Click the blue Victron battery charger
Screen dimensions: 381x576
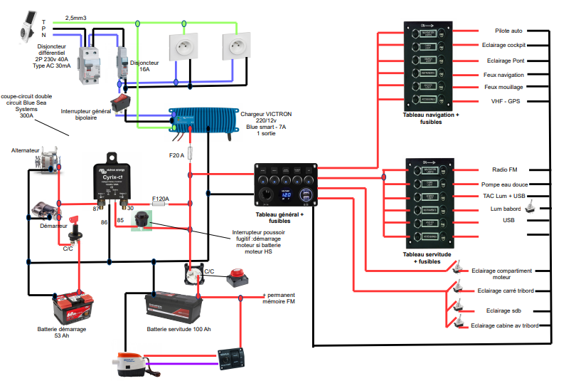tap(203, 119)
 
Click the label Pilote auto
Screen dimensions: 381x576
tap(508, 31)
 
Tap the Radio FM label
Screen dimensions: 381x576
tap(504, 170)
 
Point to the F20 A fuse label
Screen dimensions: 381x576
tap(176, 155)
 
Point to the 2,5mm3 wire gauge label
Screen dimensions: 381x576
tap(77, 17)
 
